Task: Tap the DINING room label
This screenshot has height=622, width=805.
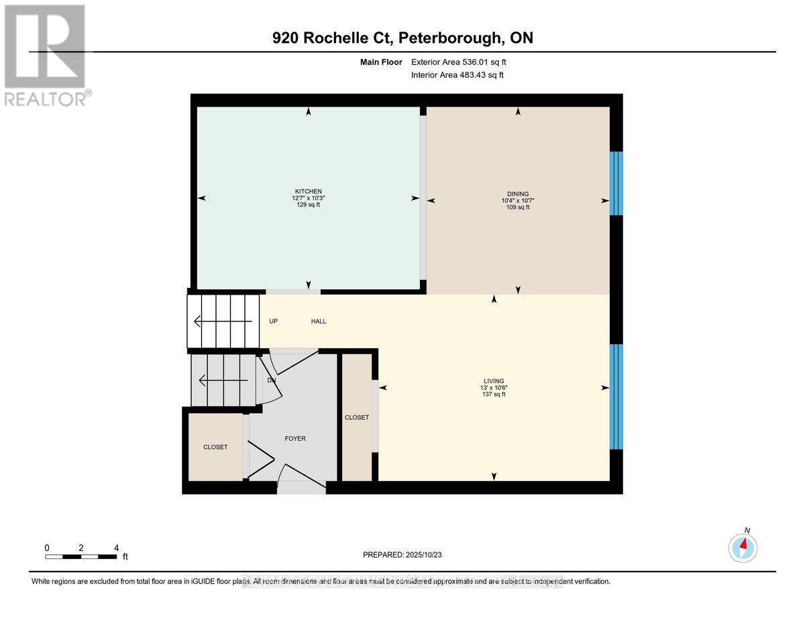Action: tap(518, 194)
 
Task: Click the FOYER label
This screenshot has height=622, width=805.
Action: tap(295, 439)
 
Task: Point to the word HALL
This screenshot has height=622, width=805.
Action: tap(319, 321)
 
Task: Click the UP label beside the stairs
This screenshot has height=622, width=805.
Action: tap(274, 321)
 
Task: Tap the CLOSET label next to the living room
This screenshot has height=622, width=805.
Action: tap(356, 417)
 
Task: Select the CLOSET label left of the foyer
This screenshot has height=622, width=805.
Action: tap(215, 447)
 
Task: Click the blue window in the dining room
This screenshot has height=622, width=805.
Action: tap(616, 183)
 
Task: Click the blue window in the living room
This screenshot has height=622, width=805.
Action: tap(616, 397)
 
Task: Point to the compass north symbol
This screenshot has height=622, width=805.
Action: tap(743, 548)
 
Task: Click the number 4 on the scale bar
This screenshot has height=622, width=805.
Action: tap(116, 548)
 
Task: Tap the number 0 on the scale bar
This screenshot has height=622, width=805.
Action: tap(47, 548)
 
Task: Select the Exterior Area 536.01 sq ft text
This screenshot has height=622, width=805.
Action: tap(463, 62)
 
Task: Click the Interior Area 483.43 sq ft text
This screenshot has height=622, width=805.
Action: tap(457, 75)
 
